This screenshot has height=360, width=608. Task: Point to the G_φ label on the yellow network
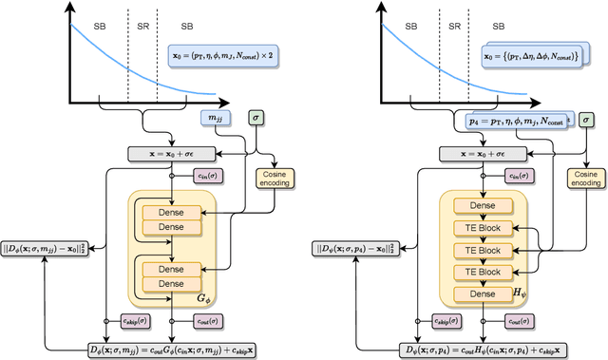point(201,297)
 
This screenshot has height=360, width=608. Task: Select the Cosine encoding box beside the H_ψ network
point(585,180)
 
